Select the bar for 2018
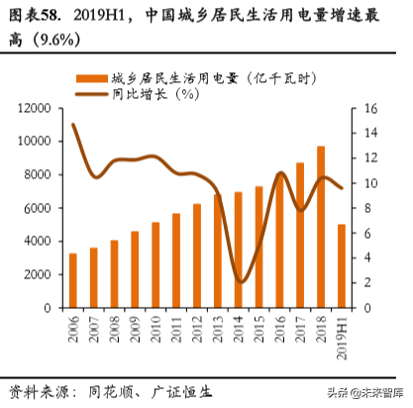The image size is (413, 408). [x=321, y=227]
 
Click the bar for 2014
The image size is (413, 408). [x=238, y=250]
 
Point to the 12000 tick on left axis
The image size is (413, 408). [x=35, y=108]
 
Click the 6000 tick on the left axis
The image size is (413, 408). [x=39, y=208]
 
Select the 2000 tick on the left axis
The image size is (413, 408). [x=39, y=274]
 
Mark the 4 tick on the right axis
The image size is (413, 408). [x=366, y=258]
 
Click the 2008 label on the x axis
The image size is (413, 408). [x=114, y=329]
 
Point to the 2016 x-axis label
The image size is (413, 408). [x=280, y=329]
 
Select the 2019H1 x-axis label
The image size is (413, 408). [x=343, y=335]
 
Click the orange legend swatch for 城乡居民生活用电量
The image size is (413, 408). [x=93, y=77]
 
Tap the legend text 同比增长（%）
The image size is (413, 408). [x=157, y=94]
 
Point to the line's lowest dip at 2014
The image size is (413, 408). [x=239, y=282]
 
